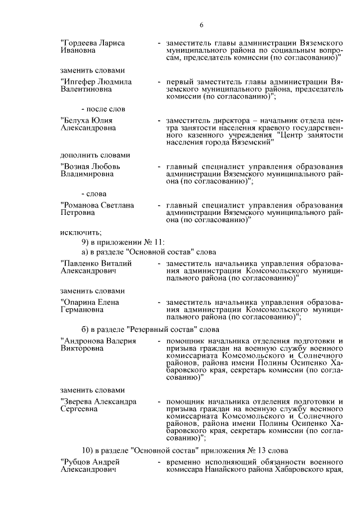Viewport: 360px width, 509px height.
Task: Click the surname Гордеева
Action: coord(80,43)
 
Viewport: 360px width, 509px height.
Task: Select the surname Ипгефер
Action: coord(79,82)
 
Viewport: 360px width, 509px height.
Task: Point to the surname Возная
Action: coord(76,166)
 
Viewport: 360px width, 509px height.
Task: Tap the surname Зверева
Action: coord(78,402)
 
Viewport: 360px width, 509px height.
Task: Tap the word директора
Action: coord(229,120)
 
